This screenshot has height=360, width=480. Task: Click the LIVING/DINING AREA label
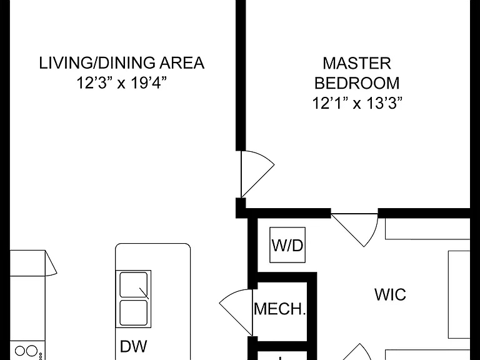[x=121, y=62]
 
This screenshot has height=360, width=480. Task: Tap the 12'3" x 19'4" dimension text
[x=121, y=82]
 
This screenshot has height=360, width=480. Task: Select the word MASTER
[x=357, y=63]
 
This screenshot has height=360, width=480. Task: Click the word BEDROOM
[x=357, y=83]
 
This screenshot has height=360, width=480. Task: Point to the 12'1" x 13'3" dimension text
[x=357, y=103]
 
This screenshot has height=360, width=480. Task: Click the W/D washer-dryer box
[x=287, y=245]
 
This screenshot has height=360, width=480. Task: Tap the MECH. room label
[x=280, y=309]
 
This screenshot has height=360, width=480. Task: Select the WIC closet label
[x=390, y=294]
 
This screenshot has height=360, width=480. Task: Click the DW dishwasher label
[x=134, y=346]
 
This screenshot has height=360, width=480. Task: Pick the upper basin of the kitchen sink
[x=133, y=285]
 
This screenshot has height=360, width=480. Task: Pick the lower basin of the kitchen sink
[x=133, y=312]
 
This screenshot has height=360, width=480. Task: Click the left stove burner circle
[x=20, y=351]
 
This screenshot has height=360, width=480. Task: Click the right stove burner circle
[x=32, y=351]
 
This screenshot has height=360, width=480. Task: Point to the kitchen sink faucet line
[x=144, y=293]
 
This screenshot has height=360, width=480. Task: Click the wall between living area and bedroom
[x=241, y=75]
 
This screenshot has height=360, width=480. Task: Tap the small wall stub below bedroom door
[x=241, y=208]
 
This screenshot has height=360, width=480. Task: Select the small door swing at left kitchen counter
[x=51, y=262]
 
